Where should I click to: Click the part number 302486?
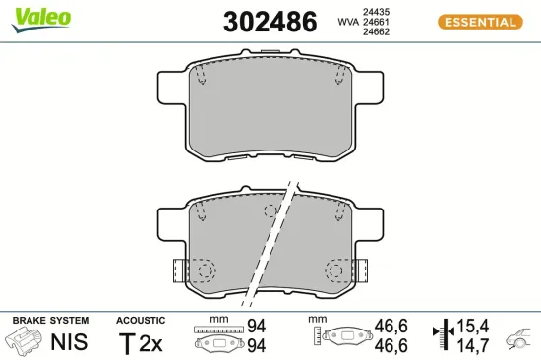tap(270, 21)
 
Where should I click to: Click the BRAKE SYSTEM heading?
tap(49, 321)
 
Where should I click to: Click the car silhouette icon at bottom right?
tap(518, 340)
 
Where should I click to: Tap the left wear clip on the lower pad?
tap(179, 269)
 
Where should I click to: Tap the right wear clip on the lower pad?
tap(361, 269)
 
